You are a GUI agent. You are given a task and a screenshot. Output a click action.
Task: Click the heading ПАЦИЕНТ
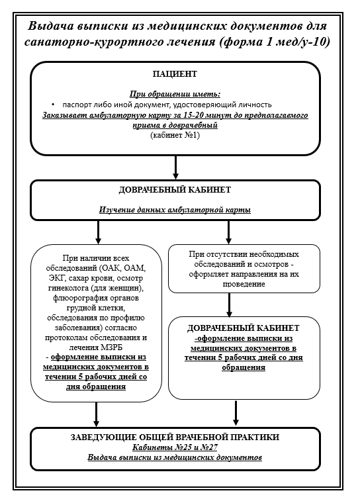click(x=175, y=73)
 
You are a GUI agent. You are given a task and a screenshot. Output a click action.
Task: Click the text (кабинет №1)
click(x=175, y=135)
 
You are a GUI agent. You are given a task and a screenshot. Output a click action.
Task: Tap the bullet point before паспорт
click(x=53, y=105)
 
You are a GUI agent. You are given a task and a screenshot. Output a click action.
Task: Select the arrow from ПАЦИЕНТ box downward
click(x=175, y=167)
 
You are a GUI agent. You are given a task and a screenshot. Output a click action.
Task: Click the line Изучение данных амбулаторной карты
click(x=175, y=210)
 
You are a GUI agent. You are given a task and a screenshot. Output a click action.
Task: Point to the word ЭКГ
click(x=55, y=278)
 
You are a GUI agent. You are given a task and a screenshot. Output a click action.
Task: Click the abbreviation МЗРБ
click(x=111, y=347)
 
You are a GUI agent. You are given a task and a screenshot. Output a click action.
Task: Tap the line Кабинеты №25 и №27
click(x=175, y=447)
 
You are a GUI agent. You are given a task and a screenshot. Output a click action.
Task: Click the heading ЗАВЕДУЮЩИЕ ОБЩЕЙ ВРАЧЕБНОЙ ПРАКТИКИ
click(x=175, y=437)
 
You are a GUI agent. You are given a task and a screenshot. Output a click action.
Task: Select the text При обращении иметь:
click(x=175, y=94)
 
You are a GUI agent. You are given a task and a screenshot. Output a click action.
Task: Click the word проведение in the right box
click(x=244, y=284)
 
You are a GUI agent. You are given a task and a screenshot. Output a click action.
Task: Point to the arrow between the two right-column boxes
click(x=229, y=304)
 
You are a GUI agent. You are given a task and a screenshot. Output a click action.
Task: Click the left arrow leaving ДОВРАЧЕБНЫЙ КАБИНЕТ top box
click(x=98, y=232)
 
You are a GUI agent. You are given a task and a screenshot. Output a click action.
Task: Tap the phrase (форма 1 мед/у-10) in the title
click(x=275, y=42)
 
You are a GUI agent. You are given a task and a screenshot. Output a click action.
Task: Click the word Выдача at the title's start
click(x=50, y=26)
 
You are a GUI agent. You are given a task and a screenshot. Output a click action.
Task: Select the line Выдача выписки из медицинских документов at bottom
click(x=175, y=457)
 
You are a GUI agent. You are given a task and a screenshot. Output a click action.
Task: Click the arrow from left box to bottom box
click(x=96, y=414)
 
